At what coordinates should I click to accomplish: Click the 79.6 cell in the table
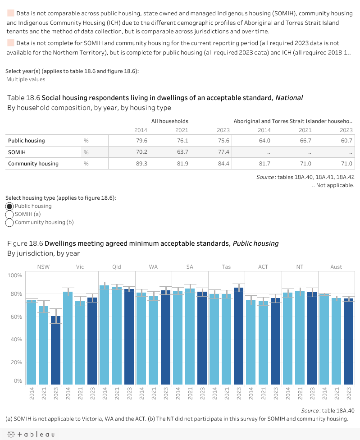tap(141, 141)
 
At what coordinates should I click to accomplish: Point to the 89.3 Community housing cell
tap(141, 163)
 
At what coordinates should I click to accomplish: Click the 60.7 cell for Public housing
tap(346, 141)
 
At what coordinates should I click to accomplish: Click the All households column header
tap(169, 121)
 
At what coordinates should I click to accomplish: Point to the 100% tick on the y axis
tap(14, 275)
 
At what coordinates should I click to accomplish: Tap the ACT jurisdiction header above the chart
tap(263, 267)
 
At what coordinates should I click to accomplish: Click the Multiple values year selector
tap(26, 79)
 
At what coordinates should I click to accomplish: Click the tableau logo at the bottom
tap(30, 435)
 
